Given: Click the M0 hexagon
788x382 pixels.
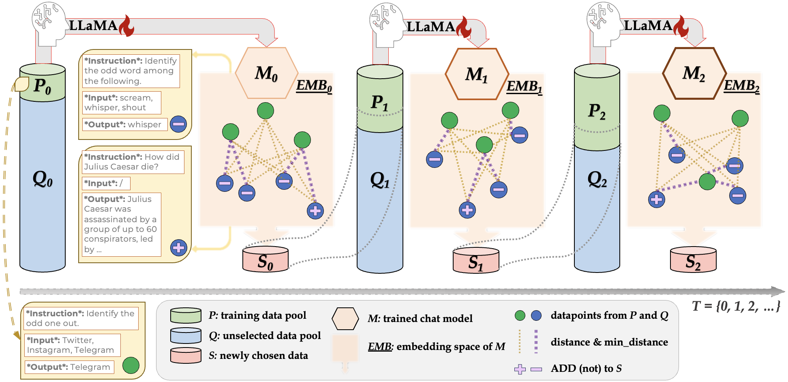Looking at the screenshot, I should point(266,73).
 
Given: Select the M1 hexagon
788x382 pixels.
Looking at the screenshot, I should point(477,74).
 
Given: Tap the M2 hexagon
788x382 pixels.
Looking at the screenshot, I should point(694,73).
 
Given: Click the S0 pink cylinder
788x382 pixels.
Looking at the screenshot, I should point(266,260).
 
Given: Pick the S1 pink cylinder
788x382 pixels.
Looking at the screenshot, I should point(476,261).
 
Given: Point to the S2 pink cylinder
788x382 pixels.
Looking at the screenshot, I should point(693,260).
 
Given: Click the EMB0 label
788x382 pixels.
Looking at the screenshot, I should point(314,86).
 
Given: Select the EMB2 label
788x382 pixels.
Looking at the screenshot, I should point(742,86).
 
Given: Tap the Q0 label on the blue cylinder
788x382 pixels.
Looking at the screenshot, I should point(43,179).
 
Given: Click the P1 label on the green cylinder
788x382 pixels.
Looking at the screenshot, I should point(380,103).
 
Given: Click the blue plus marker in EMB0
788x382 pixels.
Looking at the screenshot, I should point(315,210).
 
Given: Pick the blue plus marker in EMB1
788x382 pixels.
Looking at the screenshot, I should point(467,210).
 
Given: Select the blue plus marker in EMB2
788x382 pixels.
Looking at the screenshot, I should point(657,199).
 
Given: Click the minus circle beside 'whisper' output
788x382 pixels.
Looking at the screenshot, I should point(178,124).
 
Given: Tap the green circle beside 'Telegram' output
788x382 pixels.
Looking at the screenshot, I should point(131,365).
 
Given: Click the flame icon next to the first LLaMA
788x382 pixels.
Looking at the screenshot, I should point(127,26).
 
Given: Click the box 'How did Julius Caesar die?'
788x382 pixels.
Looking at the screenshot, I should point(133,162).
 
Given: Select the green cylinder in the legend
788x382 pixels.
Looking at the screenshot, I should point(186,315).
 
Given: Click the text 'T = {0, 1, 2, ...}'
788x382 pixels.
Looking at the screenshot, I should point(736,306).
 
